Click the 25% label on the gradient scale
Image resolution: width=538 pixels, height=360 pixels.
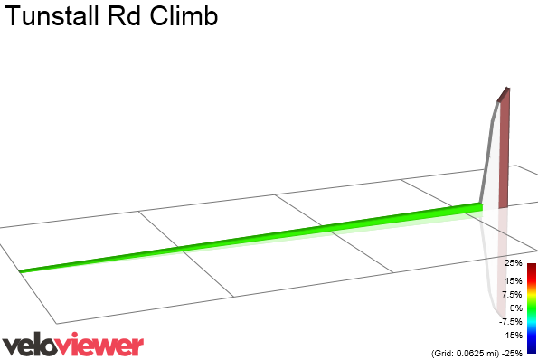[513, 263]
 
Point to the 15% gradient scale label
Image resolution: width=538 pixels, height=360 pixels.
[513, 281]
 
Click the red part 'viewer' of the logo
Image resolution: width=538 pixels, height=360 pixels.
[103, 345]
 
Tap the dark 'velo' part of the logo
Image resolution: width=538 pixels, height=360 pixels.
[32, 345]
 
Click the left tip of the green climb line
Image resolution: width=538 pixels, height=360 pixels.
[22, 270]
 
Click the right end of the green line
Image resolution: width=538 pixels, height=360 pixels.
[479, 206]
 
